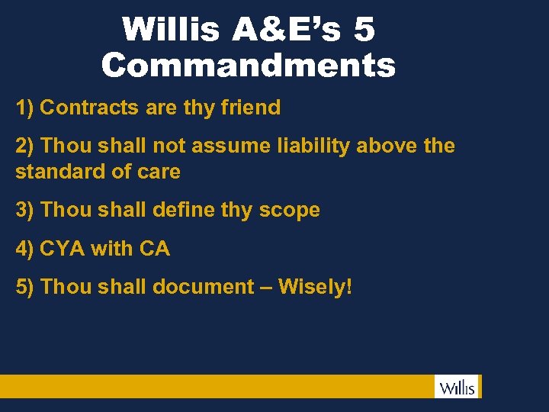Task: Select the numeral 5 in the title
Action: tap(364, 31)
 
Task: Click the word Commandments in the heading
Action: tap(249, 66)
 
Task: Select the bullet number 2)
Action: tap(25, 145)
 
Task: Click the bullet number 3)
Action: tap(25, 210)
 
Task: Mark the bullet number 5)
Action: tap(25, 287)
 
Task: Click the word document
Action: tap(203, 287)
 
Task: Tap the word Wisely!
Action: tap(315, 288)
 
